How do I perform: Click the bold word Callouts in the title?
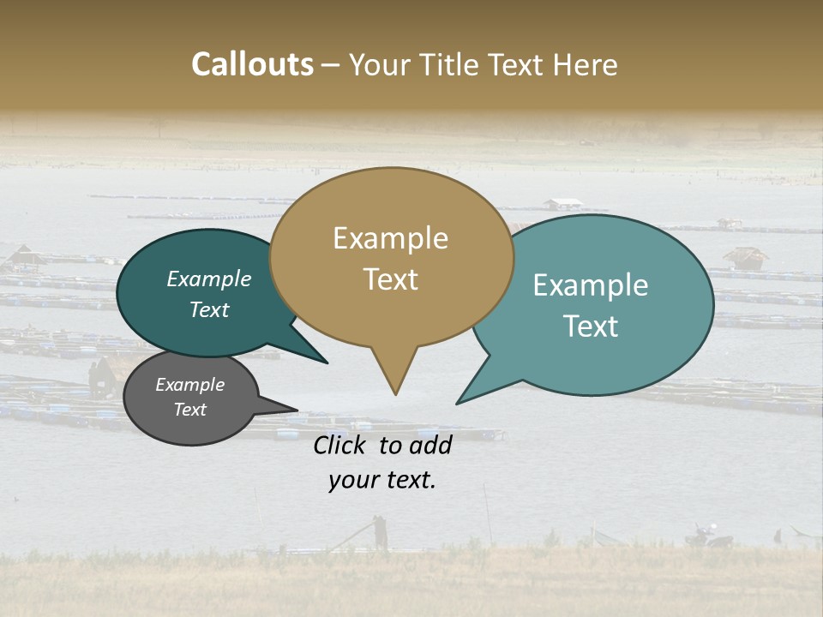pyautogui.click(x=252, y=64)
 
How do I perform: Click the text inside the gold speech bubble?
pyautogui.click(x=391, y=258)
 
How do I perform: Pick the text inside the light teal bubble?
pyautogui.click(x=591, y=305)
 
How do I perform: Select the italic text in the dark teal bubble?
pyautogui.click(x=209, y=294)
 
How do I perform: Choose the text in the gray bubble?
pyautogui.click(x=189, y=397)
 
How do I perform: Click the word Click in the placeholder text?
pyautogui.click(x=342, y=445)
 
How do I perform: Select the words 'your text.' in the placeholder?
pyautogui.click(x=381, y=480)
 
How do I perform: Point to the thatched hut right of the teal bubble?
pyautogui.click(x=745, y=257)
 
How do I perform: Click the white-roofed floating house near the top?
pyautogui.click(x=563, y=204)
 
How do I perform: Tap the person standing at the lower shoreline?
pyautogui.click(x=380, y=532)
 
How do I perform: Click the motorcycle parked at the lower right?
pyautogui.click(x=706, y=537)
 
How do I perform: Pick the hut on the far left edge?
pyautogui.click(x=23, y=255)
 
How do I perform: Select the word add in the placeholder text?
pyautogui.click(x=430, y=445)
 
